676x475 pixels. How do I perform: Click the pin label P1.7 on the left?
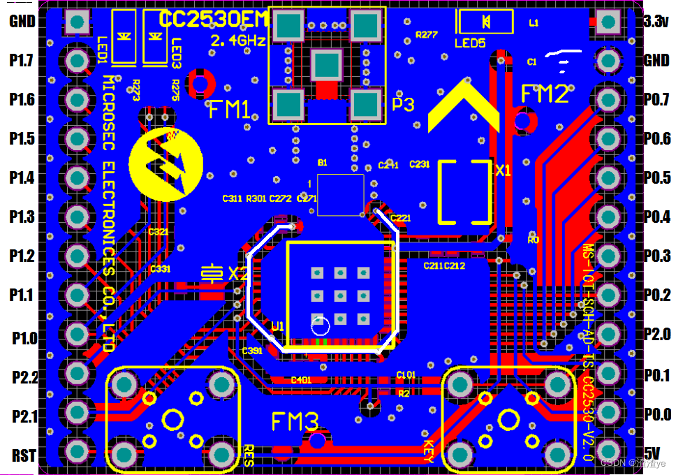[22, 61]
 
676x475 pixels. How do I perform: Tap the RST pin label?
[24, 456]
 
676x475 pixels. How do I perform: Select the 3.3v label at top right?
[656, 22]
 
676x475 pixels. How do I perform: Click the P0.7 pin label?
[656, 100]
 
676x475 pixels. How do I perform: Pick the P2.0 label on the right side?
[656, 335]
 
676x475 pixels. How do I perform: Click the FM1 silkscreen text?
[230, 110]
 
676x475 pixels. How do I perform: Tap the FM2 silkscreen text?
[545, 94]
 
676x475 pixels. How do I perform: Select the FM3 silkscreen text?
[295, 422]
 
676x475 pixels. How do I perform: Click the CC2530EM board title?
[213, 20]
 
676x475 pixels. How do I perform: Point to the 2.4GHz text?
[238, 41]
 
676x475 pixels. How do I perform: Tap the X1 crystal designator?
[504, 170]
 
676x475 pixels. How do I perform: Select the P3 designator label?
[403, 105]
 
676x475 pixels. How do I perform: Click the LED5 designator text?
[470, 43]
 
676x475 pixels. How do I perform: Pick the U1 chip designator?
[278, 326]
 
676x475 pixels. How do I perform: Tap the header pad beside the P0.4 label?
[609, 218]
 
